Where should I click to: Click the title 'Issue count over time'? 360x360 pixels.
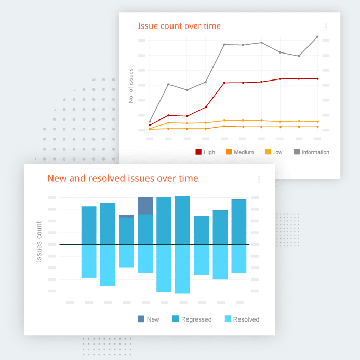coord(179,26)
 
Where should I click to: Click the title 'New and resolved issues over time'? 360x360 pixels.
coord(123,178)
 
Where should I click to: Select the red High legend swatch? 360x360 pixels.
coord(198,152)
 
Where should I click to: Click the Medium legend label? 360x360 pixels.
coord(244,152)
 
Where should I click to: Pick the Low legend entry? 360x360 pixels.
coord(277,152)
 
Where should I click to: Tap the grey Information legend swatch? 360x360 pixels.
coord(297,152)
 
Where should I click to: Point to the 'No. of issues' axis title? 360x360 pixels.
coord(131,86)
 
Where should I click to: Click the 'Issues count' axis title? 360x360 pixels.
coord(39,241)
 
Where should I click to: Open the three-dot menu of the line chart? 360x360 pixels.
coord(326,26)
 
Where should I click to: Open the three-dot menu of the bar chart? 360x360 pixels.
coord(259,179)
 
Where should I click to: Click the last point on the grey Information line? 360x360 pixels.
coord(317,36)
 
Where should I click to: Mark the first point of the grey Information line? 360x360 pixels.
coord(150,122)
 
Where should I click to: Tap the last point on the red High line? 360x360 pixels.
coord(317,79)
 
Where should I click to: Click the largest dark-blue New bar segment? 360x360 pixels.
coord(145,206)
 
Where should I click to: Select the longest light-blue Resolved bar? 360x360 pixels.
coord(182,269)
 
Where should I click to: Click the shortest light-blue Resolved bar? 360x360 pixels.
coord(126,256)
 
